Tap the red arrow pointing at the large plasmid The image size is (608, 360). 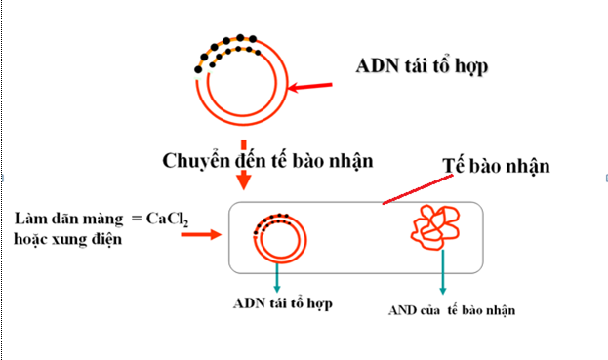click(x=315, y=89)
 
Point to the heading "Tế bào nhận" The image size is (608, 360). click(x=498, y=165)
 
